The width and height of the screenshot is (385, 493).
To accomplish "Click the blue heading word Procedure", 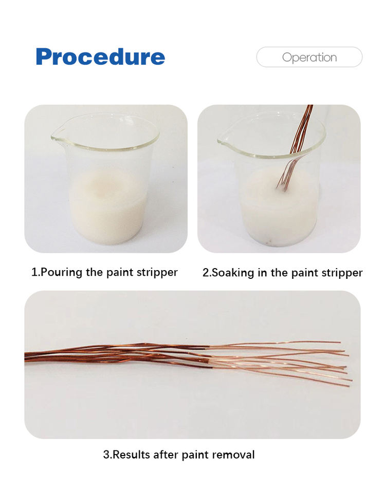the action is [x=100, y=56].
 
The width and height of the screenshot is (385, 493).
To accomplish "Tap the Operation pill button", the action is [x=309, y=57].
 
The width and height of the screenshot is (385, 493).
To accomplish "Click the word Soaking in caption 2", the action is [x=233, y=273].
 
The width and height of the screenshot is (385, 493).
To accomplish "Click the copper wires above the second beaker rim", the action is [x=302, y=128].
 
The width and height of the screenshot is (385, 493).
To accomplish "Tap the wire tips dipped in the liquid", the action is [x=283, y=183].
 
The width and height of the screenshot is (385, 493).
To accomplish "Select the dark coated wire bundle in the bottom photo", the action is [x=117, y=355].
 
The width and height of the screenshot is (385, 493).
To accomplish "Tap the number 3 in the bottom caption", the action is [x=106, y=454].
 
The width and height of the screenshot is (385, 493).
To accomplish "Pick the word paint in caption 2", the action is [x=304, y=273].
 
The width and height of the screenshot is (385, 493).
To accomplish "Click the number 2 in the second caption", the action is [x=206, y=273].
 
